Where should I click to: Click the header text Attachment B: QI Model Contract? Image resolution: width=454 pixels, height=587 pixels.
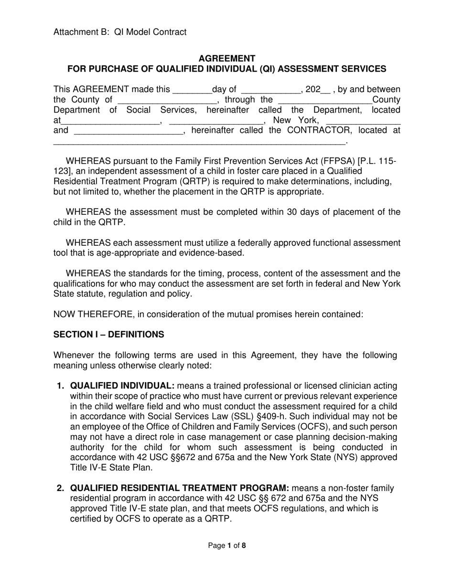[120, 32]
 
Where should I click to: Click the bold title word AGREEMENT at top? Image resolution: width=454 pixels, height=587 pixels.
[227, 58]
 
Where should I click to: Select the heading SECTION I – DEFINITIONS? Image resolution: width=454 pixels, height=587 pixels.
[108, 335]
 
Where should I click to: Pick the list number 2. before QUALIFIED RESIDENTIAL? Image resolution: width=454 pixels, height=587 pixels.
[60, 488]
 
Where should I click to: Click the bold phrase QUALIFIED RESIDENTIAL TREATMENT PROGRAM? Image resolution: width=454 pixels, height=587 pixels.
[180, 488]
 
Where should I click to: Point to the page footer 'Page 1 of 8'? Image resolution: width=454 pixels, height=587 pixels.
[227, 545]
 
